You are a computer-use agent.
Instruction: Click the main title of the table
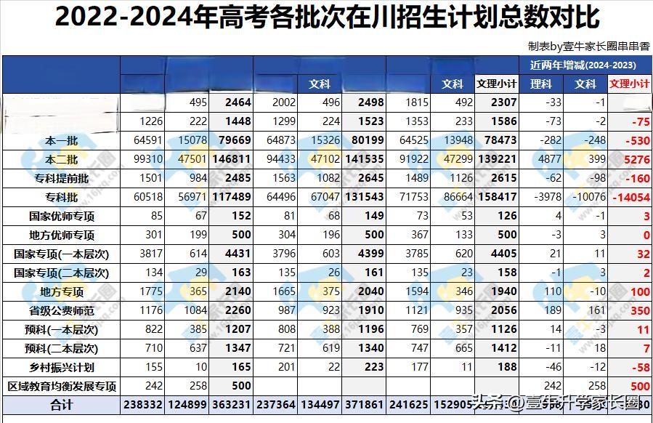[x=327, y=17]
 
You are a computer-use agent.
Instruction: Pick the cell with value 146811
[x=232, y=159]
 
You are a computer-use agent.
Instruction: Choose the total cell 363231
[x=232, y=405]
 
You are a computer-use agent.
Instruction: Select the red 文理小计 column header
[x=630, y=84]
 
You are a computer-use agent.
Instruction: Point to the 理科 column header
[x=541, y=84]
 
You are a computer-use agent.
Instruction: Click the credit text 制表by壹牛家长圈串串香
[x=589, y=46]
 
